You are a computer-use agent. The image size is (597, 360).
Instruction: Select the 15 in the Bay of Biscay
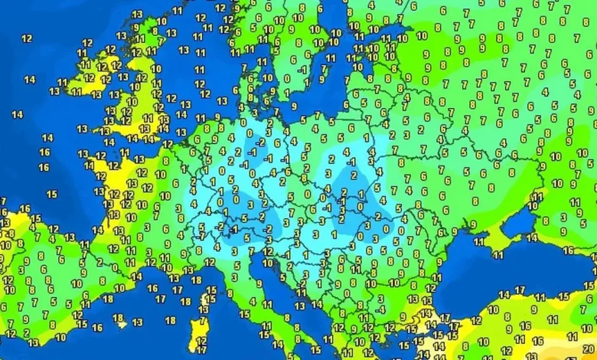click(x=51, y=195)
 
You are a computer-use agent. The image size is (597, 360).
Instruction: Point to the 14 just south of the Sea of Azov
click(x=533, y=237)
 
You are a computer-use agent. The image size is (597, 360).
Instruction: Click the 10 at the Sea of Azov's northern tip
click(x=537, y=197)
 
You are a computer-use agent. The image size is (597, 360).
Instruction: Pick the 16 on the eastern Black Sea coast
click(x=569, y=250)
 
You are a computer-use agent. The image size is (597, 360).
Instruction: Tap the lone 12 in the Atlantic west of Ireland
click(x=27, y=38)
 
